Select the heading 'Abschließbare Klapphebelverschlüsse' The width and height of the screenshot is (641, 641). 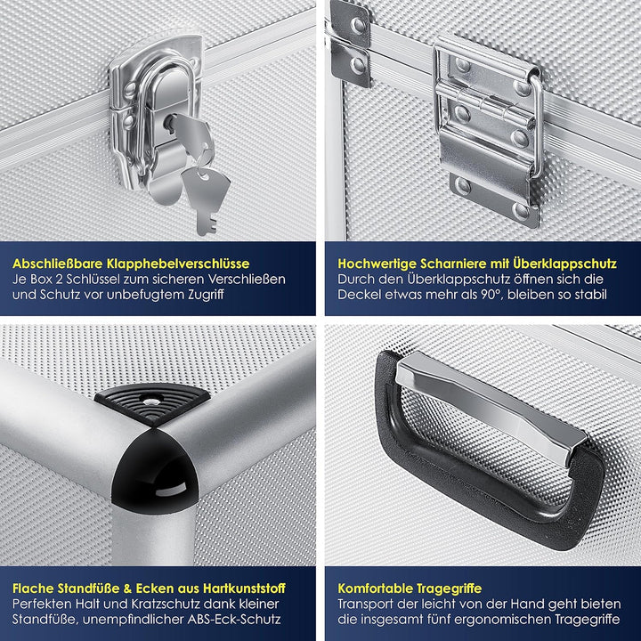click(x=131, y=264)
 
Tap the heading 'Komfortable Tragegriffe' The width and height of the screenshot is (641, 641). click(x=410, y=588)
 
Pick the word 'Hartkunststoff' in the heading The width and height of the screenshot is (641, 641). click(x=244, y=588)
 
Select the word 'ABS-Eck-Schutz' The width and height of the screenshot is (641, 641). click(x=234, y=620)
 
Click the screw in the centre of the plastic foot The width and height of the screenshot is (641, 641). click(x=152, y=397)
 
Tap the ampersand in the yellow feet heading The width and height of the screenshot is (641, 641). click(x=128, y=588)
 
